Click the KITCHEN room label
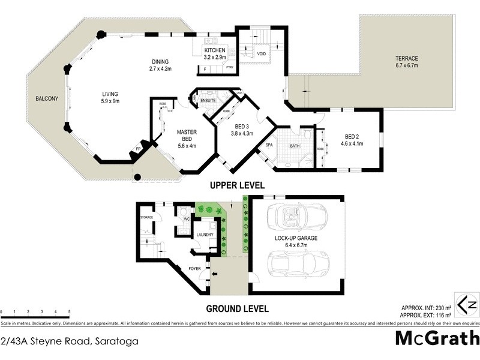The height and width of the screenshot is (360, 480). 215,50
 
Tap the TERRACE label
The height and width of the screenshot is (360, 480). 406,58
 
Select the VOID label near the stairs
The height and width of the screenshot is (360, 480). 261,53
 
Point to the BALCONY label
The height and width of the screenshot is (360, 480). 46,98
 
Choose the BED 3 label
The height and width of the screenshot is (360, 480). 242,127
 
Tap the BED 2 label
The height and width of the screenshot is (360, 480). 352,136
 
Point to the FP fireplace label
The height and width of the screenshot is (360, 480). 137,148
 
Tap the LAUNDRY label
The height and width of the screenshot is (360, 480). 205,235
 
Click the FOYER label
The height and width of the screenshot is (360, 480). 195,268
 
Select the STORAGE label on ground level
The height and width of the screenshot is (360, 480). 147,217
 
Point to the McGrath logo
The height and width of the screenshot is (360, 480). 437,337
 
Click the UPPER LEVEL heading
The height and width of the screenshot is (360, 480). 237,185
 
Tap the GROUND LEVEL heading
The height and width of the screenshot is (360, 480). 237,309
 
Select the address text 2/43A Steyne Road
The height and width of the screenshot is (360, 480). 69,342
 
